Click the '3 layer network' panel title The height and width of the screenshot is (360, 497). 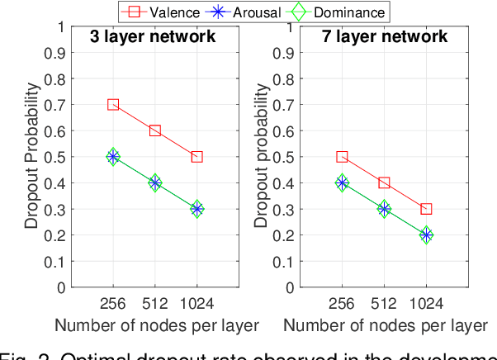154,37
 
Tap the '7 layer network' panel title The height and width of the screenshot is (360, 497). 384,37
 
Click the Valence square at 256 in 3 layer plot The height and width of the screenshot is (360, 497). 113,105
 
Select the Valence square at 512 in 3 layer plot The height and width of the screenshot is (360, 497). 154,131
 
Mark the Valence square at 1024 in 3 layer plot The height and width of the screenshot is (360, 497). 196,157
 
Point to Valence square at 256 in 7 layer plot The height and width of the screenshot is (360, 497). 342,157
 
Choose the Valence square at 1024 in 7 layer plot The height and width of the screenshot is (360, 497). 426,209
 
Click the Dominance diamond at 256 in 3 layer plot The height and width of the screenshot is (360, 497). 113,157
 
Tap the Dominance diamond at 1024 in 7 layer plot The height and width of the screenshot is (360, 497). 426,235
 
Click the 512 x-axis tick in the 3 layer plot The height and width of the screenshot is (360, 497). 154,302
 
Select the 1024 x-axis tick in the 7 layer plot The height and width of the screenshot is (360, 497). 426,302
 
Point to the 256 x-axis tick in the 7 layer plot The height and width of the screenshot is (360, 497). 342,302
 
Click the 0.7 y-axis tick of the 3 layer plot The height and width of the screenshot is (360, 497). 55,105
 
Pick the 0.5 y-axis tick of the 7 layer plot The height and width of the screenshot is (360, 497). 284,157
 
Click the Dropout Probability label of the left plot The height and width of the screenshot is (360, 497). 30,157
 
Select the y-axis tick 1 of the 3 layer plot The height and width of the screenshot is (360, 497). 60,26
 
